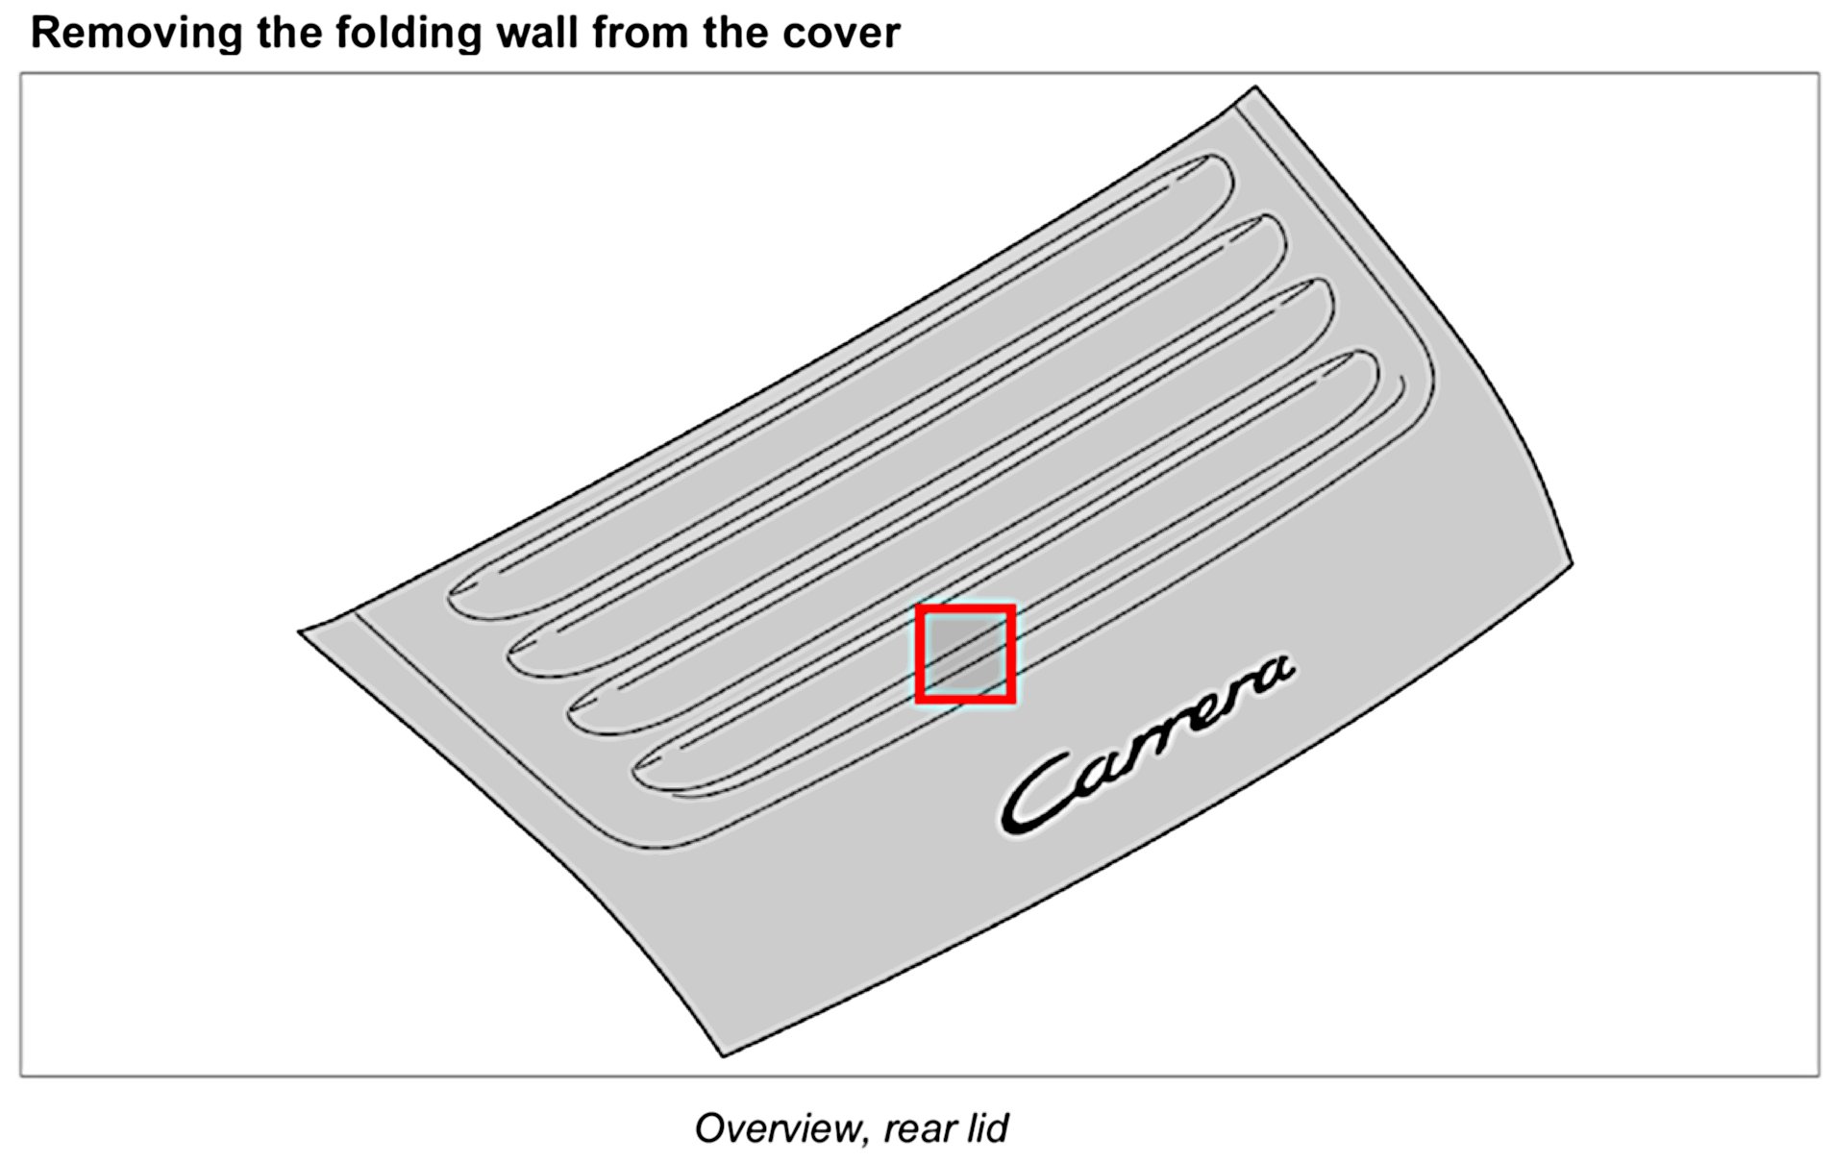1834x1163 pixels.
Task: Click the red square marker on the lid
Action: point(965,655)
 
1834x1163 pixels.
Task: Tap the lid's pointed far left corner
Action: point(300,631)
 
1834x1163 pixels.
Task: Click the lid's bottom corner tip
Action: point(723,1055)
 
